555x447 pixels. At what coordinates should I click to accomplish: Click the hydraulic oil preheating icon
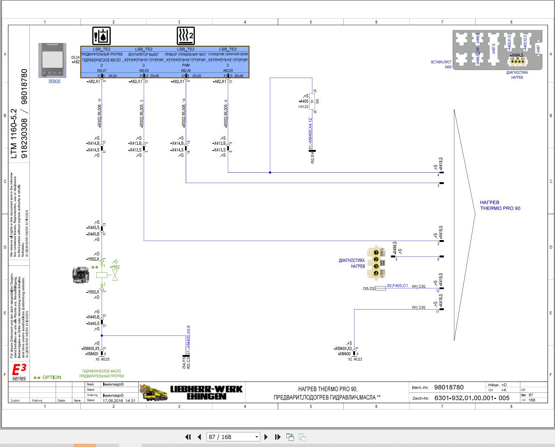coord(101,35)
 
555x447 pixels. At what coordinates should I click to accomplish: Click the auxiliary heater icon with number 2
coord(185,35)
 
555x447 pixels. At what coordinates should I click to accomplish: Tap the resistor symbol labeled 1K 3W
coord(313,101)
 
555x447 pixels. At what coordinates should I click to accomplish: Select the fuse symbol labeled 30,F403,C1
coord(380,288)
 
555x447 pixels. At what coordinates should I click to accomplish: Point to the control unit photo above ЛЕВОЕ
coord(52,61)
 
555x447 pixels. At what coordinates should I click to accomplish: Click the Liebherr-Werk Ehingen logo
coord(192,392)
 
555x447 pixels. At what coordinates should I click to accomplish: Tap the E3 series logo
coord(19,372)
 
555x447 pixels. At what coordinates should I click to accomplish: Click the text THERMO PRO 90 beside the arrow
coord(500,208)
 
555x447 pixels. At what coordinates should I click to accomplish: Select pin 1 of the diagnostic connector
coord(376,253)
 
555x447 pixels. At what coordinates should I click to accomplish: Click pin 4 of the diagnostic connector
coord(376,273)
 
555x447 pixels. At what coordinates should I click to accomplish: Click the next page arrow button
coord(266,437)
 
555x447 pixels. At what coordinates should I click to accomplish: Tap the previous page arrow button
coord(199,437)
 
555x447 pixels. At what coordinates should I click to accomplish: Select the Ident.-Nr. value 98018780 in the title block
coord(448,387)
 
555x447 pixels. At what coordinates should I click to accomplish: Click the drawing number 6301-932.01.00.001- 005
coord(471,398)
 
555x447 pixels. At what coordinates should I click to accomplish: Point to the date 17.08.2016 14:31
coord(119,400)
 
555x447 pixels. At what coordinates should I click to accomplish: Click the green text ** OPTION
coord(47,377)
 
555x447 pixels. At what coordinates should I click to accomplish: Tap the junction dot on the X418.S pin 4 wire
coord(270,172)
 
